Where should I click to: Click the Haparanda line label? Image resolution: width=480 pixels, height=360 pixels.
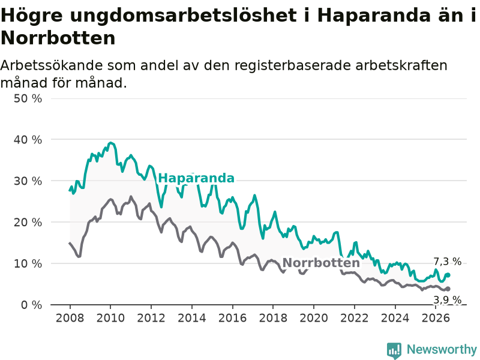pos(196,178)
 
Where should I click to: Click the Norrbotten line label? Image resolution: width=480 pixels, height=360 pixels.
pos(321,263)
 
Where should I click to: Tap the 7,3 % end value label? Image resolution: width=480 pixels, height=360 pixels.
pos(447,262)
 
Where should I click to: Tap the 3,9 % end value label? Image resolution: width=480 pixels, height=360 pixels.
pos(447,299)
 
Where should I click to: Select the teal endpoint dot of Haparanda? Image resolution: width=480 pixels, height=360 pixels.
pos(448,275)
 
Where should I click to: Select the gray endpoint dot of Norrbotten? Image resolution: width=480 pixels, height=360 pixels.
pos(448,289)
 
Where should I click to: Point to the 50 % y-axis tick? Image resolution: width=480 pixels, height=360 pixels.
pos(28,98)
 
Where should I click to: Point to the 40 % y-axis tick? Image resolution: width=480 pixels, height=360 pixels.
pos(28,140)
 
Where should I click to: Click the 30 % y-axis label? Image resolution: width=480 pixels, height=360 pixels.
pos(28,181)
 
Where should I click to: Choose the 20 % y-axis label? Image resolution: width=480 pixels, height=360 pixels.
pos(28,222)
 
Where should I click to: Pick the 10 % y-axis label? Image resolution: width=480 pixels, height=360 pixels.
pos(28,263)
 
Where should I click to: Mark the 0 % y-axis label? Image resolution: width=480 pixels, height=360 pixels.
pos(32,305)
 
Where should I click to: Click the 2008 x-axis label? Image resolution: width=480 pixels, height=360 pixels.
pos(70,318)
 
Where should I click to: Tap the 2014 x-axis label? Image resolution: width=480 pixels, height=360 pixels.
pos(192,318)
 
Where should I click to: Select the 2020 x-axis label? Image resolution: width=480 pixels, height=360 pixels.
pos(314,318)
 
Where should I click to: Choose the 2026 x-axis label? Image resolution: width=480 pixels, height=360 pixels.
pos(436,318)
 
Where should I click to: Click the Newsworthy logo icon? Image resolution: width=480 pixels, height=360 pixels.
pos(394,350)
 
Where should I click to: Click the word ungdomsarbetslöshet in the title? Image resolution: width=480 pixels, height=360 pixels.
pos(184,16)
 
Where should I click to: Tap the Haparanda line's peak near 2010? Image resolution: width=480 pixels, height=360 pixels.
pos(111,143)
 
